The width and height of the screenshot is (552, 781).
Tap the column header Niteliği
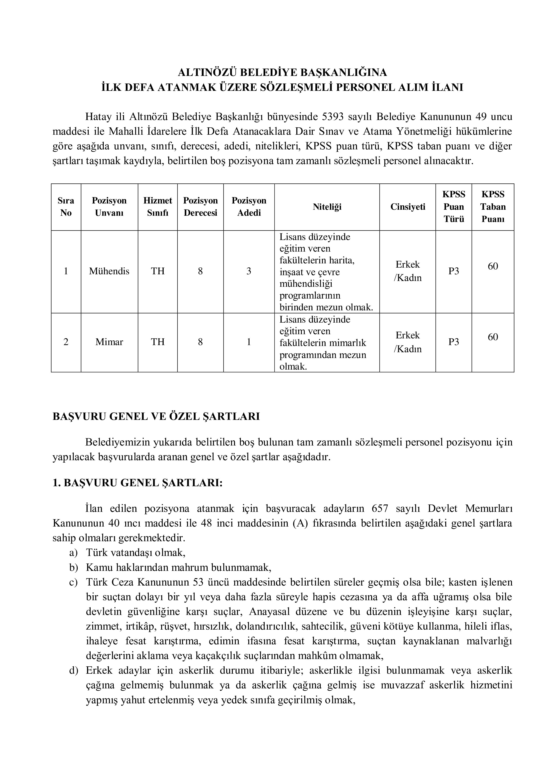[x=327, y=207]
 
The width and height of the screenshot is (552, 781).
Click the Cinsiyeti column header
[x=408, y=207]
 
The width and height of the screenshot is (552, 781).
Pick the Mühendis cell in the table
[x=109, y=271]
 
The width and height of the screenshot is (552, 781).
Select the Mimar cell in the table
[x=109, y=342]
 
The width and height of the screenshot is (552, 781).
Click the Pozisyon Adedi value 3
[x=249, y=271]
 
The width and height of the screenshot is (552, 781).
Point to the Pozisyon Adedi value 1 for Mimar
[x=249, y=342]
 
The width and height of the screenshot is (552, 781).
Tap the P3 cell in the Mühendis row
[x=454, y=271]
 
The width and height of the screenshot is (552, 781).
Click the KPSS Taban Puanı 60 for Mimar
[x=493, y=337]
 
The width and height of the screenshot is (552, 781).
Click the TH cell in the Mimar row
[x=157, y=342]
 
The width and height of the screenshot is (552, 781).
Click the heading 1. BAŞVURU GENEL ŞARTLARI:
[x=137, y=483]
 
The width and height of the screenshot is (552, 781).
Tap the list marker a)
[x=73, y=553]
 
